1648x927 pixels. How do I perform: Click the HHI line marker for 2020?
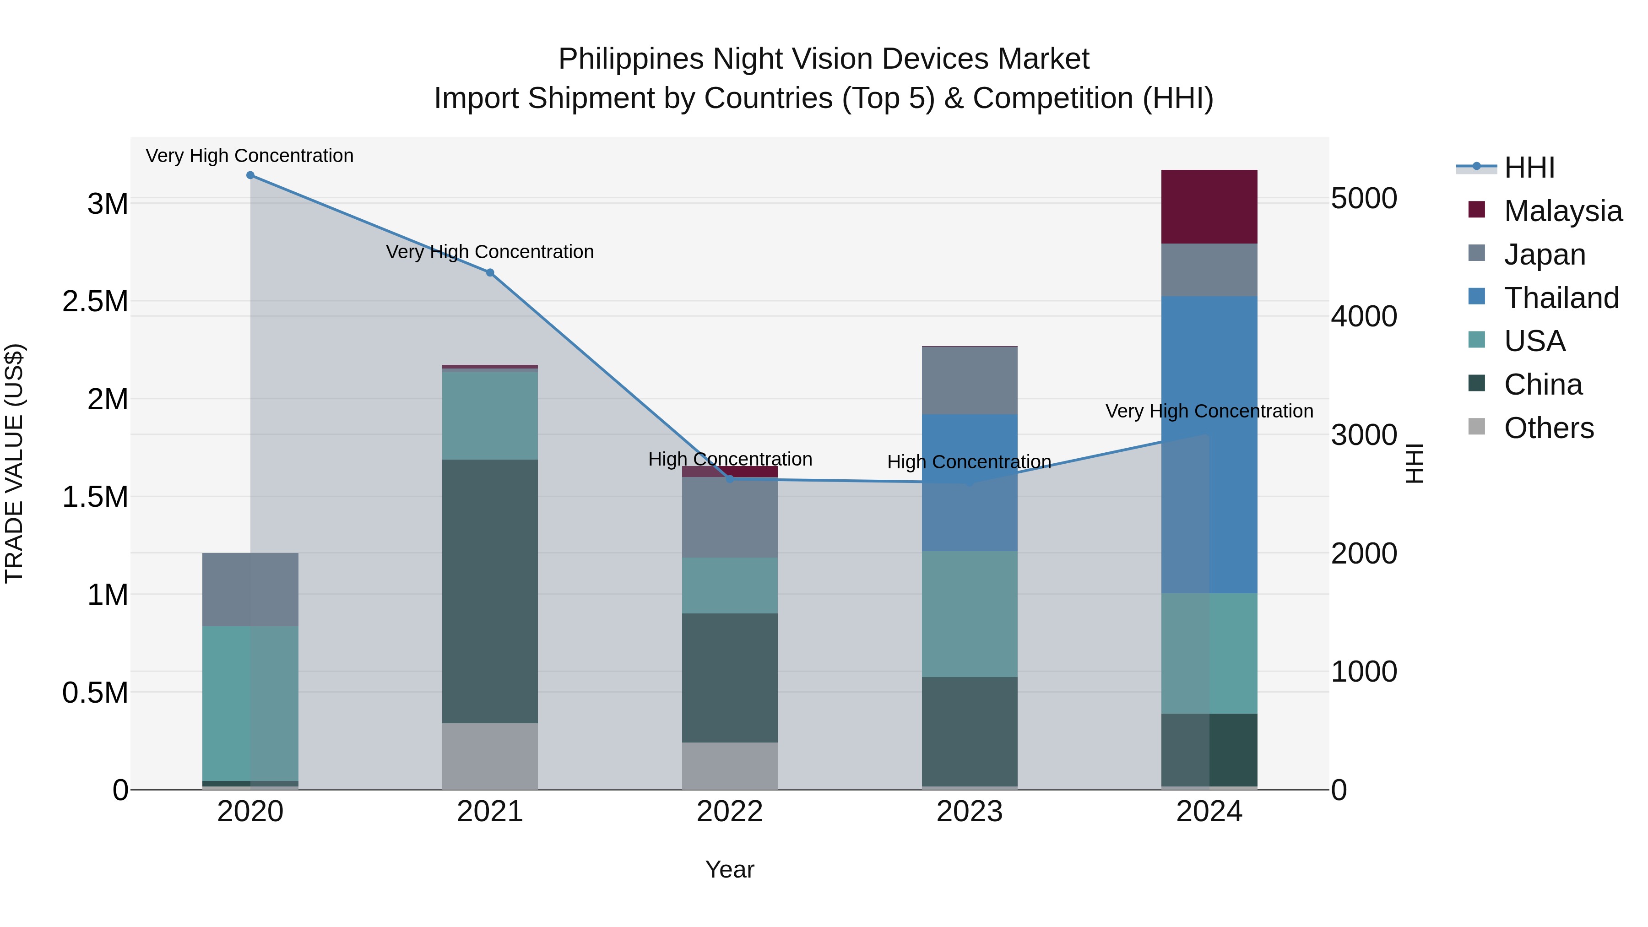point(250,175)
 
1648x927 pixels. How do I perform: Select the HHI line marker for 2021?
point(490,272)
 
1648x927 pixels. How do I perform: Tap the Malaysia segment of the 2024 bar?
point(1209,206)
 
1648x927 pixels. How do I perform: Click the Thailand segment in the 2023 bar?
point(969,483)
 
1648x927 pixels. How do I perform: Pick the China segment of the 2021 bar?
point(490,591)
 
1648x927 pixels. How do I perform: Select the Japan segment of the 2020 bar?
point(250,589)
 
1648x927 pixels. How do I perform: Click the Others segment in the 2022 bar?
point(729,766)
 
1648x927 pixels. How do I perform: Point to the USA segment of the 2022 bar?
point(729,585)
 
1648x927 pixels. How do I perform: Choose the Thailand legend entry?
point(1561,298)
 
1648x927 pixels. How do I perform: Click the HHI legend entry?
point(1529,168)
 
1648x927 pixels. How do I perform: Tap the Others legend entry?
point(1548,428)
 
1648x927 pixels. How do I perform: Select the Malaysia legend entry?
point(1562,211)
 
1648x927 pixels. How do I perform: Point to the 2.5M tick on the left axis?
point(95,301)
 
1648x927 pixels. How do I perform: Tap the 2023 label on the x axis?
point(969,812)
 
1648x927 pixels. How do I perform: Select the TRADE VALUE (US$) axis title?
point(14,463)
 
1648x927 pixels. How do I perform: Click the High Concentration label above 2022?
point(730,459)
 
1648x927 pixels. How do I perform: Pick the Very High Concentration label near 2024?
point(1209,412)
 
